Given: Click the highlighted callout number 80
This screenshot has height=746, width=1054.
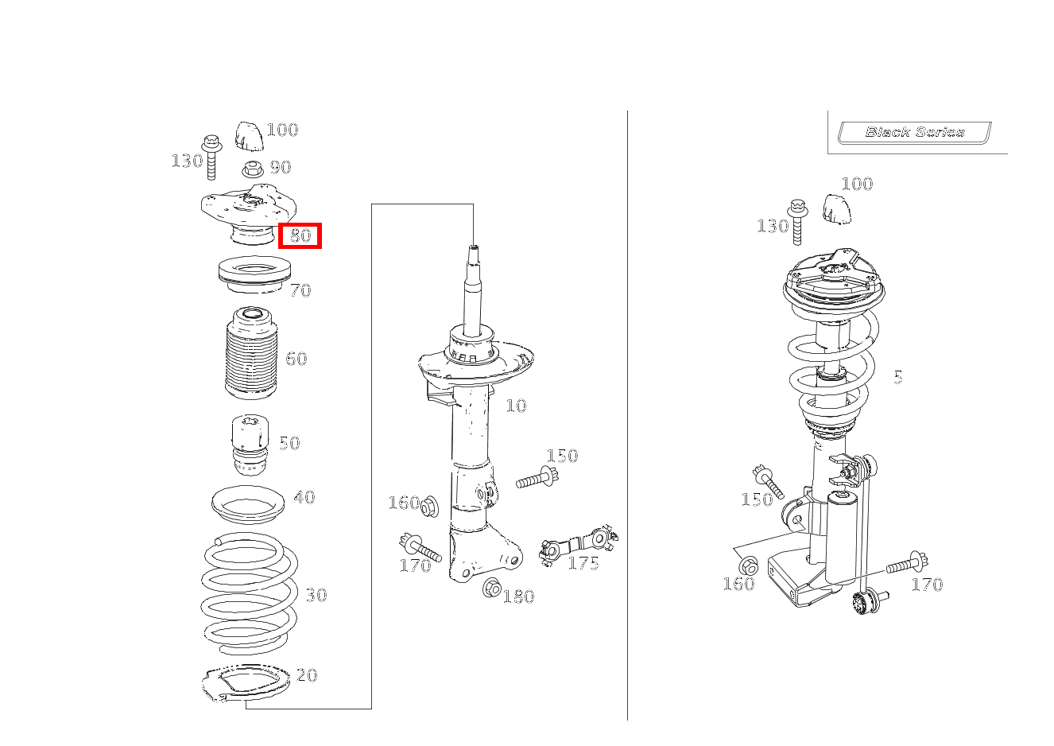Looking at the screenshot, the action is click(300, 235).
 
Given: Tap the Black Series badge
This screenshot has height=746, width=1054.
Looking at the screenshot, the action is click(914, 132).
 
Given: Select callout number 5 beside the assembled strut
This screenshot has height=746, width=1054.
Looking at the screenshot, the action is click(898, 377).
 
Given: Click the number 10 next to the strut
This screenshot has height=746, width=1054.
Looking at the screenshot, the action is click(516, 406).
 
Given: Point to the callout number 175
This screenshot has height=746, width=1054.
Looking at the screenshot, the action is click(583, 563).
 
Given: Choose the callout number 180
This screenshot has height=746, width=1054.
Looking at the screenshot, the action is click(518, 596).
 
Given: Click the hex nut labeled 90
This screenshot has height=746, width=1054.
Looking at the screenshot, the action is click(252, 169).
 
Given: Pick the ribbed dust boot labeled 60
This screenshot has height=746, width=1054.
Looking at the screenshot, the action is click(251, 353).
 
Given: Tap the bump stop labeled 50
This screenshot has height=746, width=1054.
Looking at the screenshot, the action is click(250, 445).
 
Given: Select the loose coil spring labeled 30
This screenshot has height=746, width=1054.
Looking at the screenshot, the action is click(250, 594).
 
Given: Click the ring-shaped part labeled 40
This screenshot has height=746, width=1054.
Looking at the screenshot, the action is click(248, 504).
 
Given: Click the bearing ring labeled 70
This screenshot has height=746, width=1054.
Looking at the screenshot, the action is click(254, 274).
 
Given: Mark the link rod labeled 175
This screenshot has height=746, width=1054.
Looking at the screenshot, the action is click(579, 545).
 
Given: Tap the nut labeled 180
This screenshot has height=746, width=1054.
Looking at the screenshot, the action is click(492, 588).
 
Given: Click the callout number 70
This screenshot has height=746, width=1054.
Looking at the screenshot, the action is click(300, 290).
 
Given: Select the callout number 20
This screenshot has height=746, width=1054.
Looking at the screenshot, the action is click(307, 675).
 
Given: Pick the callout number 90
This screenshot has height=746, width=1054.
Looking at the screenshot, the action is click(281, 167).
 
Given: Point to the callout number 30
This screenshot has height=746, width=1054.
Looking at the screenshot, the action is click(316, 595).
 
